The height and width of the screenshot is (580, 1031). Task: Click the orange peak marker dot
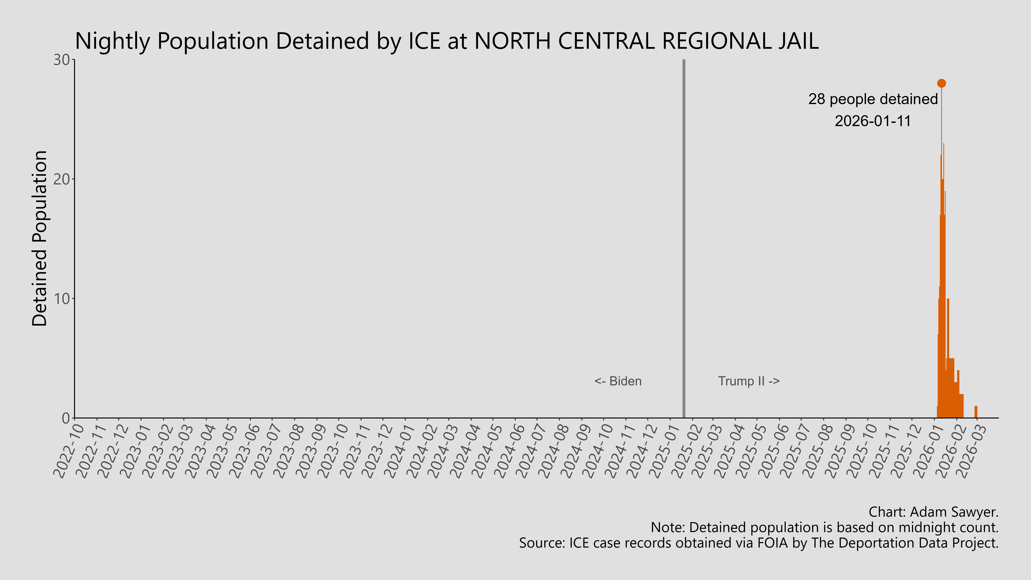coord(941,83)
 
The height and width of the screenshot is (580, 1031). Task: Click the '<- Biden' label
coord(618,381)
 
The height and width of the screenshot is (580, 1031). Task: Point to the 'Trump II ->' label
coord(748,381)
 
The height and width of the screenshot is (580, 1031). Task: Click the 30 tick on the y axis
coord(62,60)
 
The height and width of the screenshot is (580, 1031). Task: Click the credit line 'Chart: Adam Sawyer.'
coord(933,512)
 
